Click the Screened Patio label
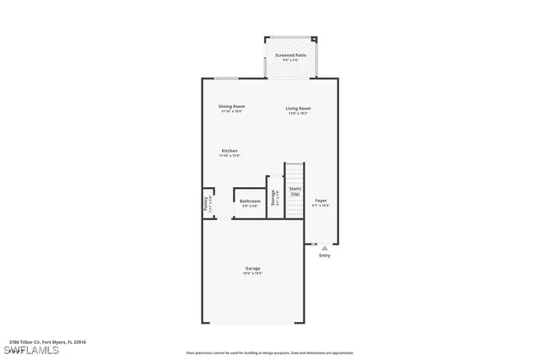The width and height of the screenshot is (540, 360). pyautogui.click(x=290, y=55)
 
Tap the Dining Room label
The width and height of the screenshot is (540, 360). pyautogui.click(x=232, y=106)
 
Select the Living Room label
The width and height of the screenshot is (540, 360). pyautogui.click(x=298, y=108)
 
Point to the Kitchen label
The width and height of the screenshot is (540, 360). pyautogui.click(x=229, y=151)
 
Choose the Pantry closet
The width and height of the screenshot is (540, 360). pyautogui.click(x=208, y=203)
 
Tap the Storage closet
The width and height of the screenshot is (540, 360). pyautogui.click(x=274, y=197)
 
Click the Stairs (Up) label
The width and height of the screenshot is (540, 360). pyautogui.click(x=294, y=191)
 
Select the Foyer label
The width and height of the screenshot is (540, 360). pyautogui.click(x=321, y=200)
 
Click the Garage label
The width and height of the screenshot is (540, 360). pyautogui.click(x=253, y=269)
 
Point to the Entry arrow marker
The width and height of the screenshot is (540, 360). pyautogui.click(x=324, y=248)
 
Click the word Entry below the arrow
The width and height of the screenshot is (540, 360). pyautogui.click(x=324, y=255)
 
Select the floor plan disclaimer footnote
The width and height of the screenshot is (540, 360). pyautogui.click(x=270, y=352)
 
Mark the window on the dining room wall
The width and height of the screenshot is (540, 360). pyautogui.click(x=225, y=79)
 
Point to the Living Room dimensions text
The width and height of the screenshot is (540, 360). pyautogui.click(x=298, y=112)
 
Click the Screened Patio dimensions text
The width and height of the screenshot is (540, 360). pyautogui.click(x=290, y=60)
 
